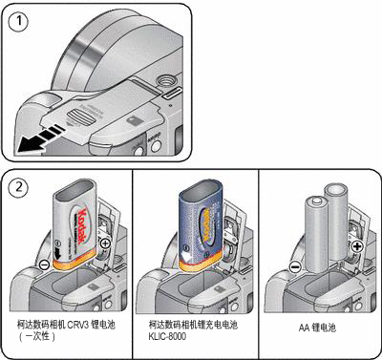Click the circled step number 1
click(x=18, y=21)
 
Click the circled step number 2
click(x=18, y=187)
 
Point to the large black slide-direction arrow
click(x=40, y=138)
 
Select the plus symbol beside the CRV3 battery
click(x=105, y=244)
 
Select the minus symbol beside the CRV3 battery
click(x=45, y=265)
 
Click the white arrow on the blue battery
click(x=187, y=257)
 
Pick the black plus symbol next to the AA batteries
click(x=357, y=246)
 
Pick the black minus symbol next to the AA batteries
click(x=295, y=266)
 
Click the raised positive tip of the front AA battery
click(x=316, y=201)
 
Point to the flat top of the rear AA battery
click(x=336, y=192)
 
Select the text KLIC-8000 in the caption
click(x=167, y=336)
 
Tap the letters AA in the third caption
click(x=304, y=328)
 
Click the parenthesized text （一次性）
click(x=36, y=336)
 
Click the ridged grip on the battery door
click(x=81, y=118)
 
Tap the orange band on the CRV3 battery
click(x=73, y=262)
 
